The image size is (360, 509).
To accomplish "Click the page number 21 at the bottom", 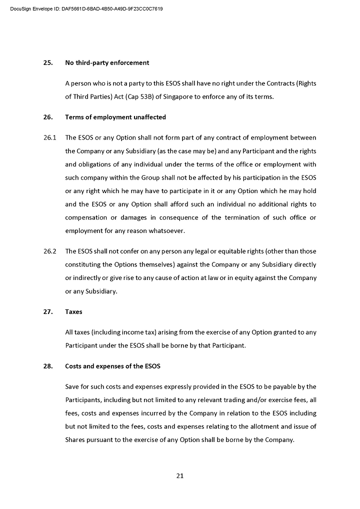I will click(x=180, y=475).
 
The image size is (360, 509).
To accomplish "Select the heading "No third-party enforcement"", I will click(x=107, y=63).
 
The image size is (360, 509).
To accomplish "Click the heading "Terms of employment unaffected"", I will click(x=115, y=117).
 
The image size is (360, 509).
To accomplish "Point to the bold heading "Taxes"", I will click(x=73, y=312).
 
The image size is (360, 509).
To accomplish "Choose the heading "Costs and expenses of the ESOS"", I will click(x=112, y=366).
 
